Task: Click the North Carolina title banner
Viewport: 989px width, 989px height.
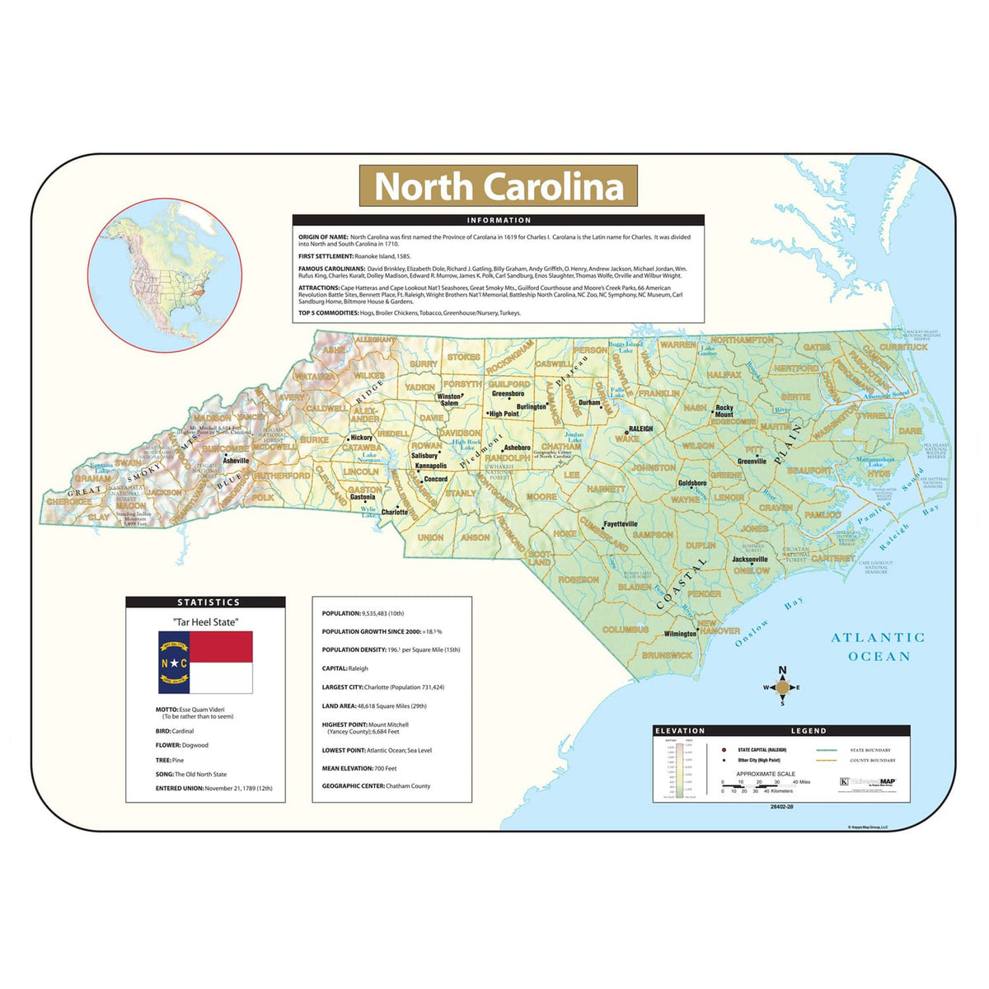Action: pos(498,186)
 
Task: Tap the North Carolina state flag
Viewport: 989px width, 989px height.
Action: pos(205,663)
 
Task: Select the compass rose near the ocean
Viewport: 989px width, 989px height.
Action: pos(782,687)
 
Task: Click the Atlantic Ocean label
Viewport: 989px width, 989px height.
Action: pos(878,647)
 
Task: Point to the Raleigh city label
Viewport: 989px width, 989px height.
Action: pos(640,429)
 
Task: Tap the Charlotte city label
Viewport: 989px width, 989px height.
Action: pos(395,512)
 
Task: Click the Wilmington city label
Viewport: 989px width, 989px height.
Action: pos(680,634)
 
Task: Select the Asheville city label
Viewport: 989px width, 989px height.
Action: pos(237,461)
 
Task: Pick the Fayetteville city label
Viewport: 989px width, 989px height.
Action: pos(621,524)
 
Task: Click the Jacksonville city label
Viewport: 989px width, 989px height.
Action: pos(750,559)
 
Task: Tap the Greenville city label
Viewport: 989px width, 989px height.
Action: pos(752,462)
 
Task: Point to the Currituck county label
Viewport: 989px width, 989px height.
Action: pos(903,347)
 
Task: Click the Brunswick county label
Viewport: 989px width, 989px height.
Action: pos(667,655)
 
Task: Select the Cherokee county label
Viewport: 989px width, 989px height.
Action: pos(68,501)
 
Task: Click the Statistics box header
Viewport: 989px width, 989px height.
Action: pos(205,602)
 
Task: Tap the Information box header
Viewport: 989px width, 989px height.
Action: pos(498,220)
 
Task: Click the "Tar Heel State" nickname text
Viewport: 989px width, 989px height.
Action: pos(205,622)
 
